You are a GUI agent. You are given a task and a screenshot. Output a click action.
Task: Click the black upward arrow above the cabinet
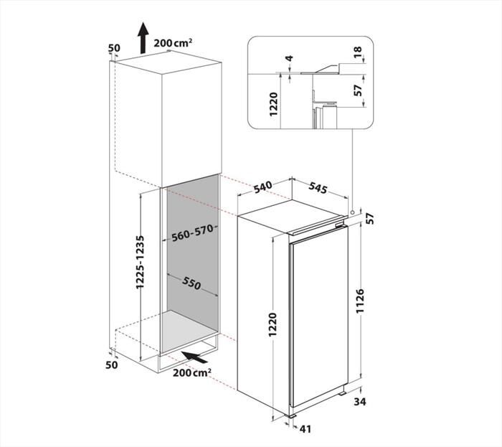[x=143, y=37]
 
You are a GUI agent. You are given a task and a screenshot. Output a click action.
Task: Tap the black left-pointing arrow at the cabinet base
[x=194, y=356]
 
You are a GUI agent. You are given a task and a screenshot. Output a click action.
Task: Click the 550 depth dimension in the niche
[x=191, y=283]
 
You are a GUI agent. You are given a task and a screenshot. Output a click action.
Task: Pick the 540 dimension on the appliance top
[x=263, y=188]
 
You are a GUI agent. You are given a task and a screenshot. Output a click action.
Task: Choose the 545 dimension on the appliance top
[x=317, y=190]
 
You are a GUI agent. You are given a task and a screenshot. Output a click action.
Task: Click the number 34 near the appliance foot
[x=359, y=403]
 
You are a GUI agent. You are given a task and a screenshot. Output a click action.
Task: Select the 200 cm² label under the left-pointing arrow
[x=191, y=373]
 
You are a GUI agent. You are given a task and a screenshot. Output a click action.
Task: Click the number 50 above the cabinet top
[x=113, y=48]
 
